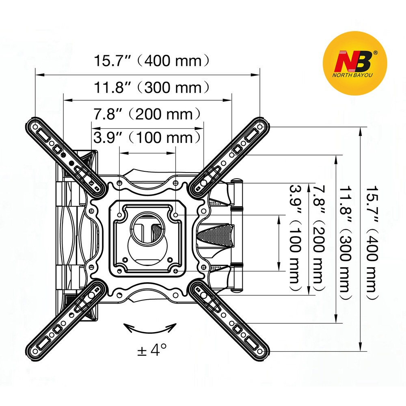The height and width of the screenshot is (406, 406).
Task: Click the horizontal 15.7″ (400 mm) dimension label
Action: coord(152,61)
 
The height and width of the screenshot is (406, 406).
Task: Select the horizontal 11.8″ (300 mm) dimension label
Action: coord(152,87)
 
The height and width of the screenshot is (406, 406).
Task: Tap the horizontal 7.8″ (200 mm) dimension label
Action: coord(147,114)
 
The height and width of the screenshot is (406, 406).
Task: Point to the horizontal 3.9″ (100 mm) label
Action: coord(147,138)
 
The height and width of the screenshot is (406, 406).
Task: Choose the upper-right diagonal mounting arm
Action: coord(230,155)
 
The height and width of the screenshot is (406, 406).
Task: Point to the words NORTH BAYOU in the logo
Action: coord(354,75)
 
